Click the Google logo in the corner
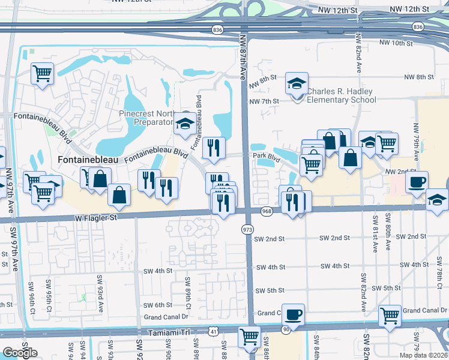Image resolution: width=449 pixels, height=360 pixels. tap(20, 353)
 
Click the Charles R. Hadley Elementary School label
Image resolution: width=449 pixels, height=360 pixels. tap(341, 95)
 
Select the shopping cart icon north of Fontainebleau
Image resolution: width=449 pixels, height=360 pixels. tap(42, 74)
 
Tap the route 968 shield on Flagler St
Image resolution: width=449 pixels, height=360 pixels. tap(267, 211)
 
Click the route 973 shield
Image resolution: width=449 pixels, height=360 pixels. tap(247, 229)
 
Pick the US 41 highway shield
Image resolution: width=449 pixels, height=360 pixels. tap(214, 330)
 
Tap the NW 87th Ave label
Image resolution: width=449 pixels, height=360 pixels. tap(243, 56)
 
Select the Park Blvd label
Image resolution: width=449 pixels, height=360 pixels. tap(267, 155)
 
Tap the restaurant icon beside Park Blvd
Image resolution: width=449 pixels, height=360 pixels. tap(214, 146)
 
